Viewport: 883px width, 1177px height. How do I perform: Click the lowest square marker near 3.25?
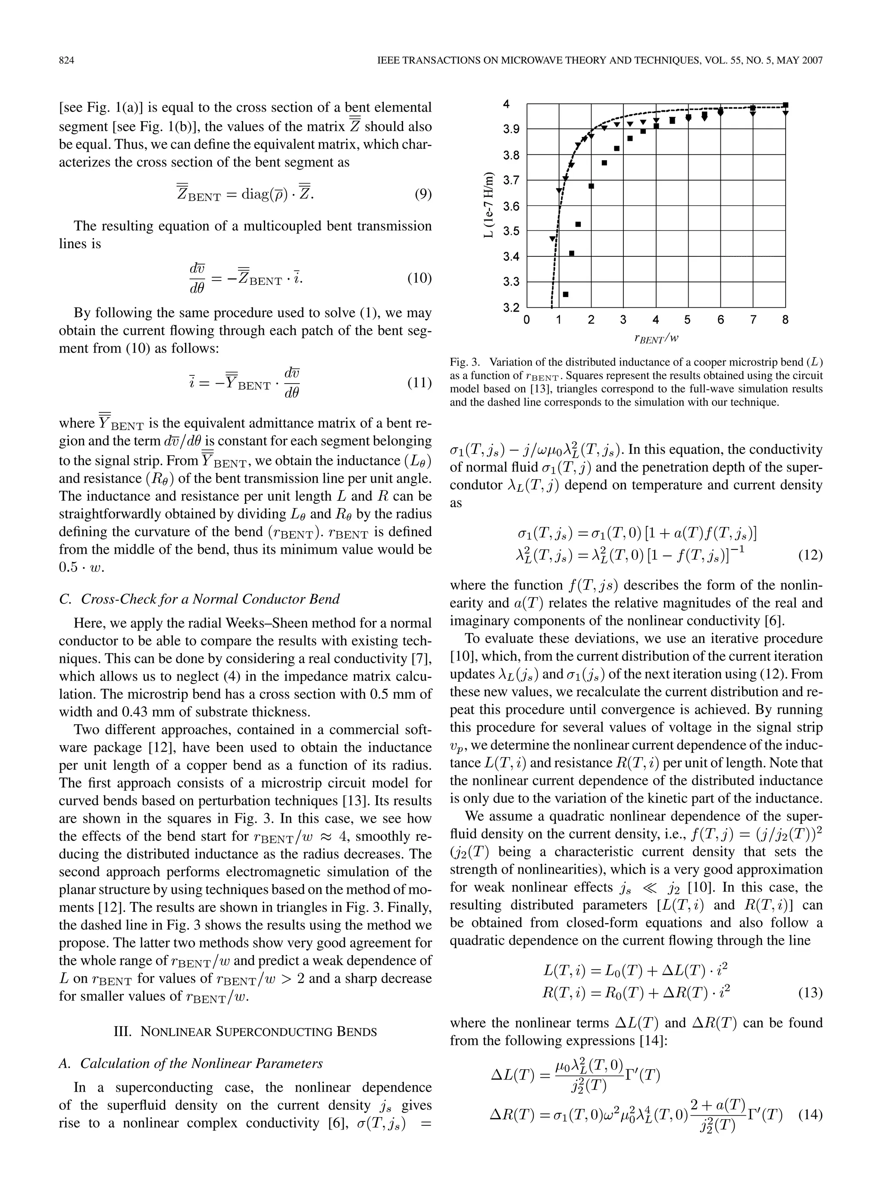click(x=566, y=294)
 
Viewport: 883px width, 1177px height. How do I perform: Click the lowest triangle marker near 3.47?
click(x=552, y=239)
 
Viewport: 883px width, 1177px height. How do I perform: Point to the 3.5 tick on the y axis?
click(x=511, y=231)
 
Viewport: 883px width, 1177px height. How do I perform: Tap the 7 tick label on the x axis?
click(x=753, y=320)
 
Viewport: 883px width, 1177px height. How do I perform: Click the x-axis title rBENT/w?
click(x=656, y=338)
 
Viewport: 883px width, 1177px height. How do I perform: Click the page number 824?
click(x=66, y=61)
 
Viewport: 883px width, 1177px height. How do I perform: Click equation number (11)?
click(x=419, y=383)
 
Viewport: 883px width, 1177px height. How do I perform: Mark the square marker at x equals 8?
click(x=786, y=105)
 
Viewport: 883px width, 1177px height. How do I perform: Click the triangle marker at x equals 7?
click(x=753, y=113)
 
